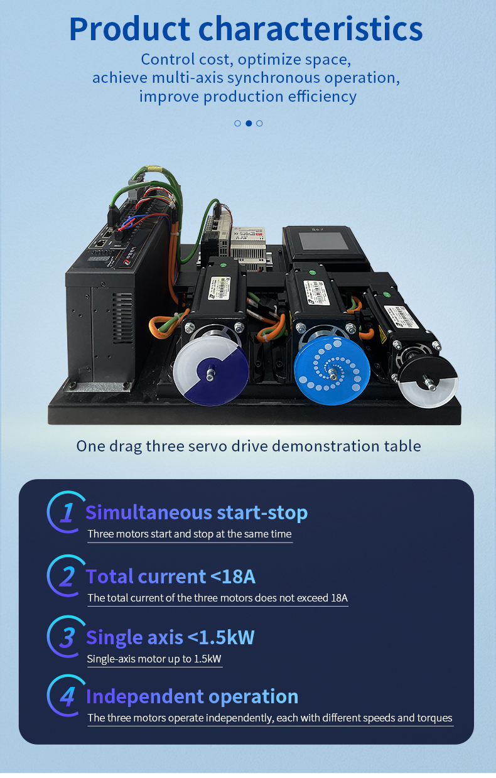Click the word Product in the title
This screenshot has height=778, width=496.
pyautogui.click(x=129, y=30)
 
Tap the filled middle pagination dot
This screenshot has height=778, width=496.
pyautogui.click(x=249, y=123)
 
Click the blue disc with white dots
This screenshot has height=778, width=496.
pyautogui.click(x=332, y=371)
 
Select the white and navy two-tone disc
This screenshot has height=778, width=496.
pyautogui.click(x=211, y=371)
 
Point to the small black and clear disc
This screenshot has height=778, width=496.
pyautogui.click(x=428, y=382)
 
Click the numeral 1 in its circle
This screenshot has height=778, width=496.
pyautogui.click(x=67, y=512)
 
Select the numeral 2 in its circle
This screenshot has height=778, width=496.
pyautogui.click(x=67, y=576)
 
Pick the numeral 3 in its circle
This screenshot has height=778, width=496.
pyautogui.click(x=67, y=638)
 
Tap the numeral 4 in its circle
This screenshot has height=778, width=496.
pyautogui.click(x=67, y=697)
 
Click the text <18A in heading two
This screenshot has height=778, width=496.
pyautogui.click(x=233, y=576)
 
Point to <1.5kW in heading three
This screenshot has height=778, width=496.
pyautogui.click(x=221, y=637)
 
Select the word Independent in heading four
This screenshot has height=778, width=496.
pyautogui.click(x=145, y=697)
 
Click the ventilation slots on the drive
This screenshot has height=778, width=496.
pyautogui.click(x=122, y=318)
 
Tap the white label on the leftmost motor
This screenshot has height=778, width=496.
pyautogui.click(x=220, y=289)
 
